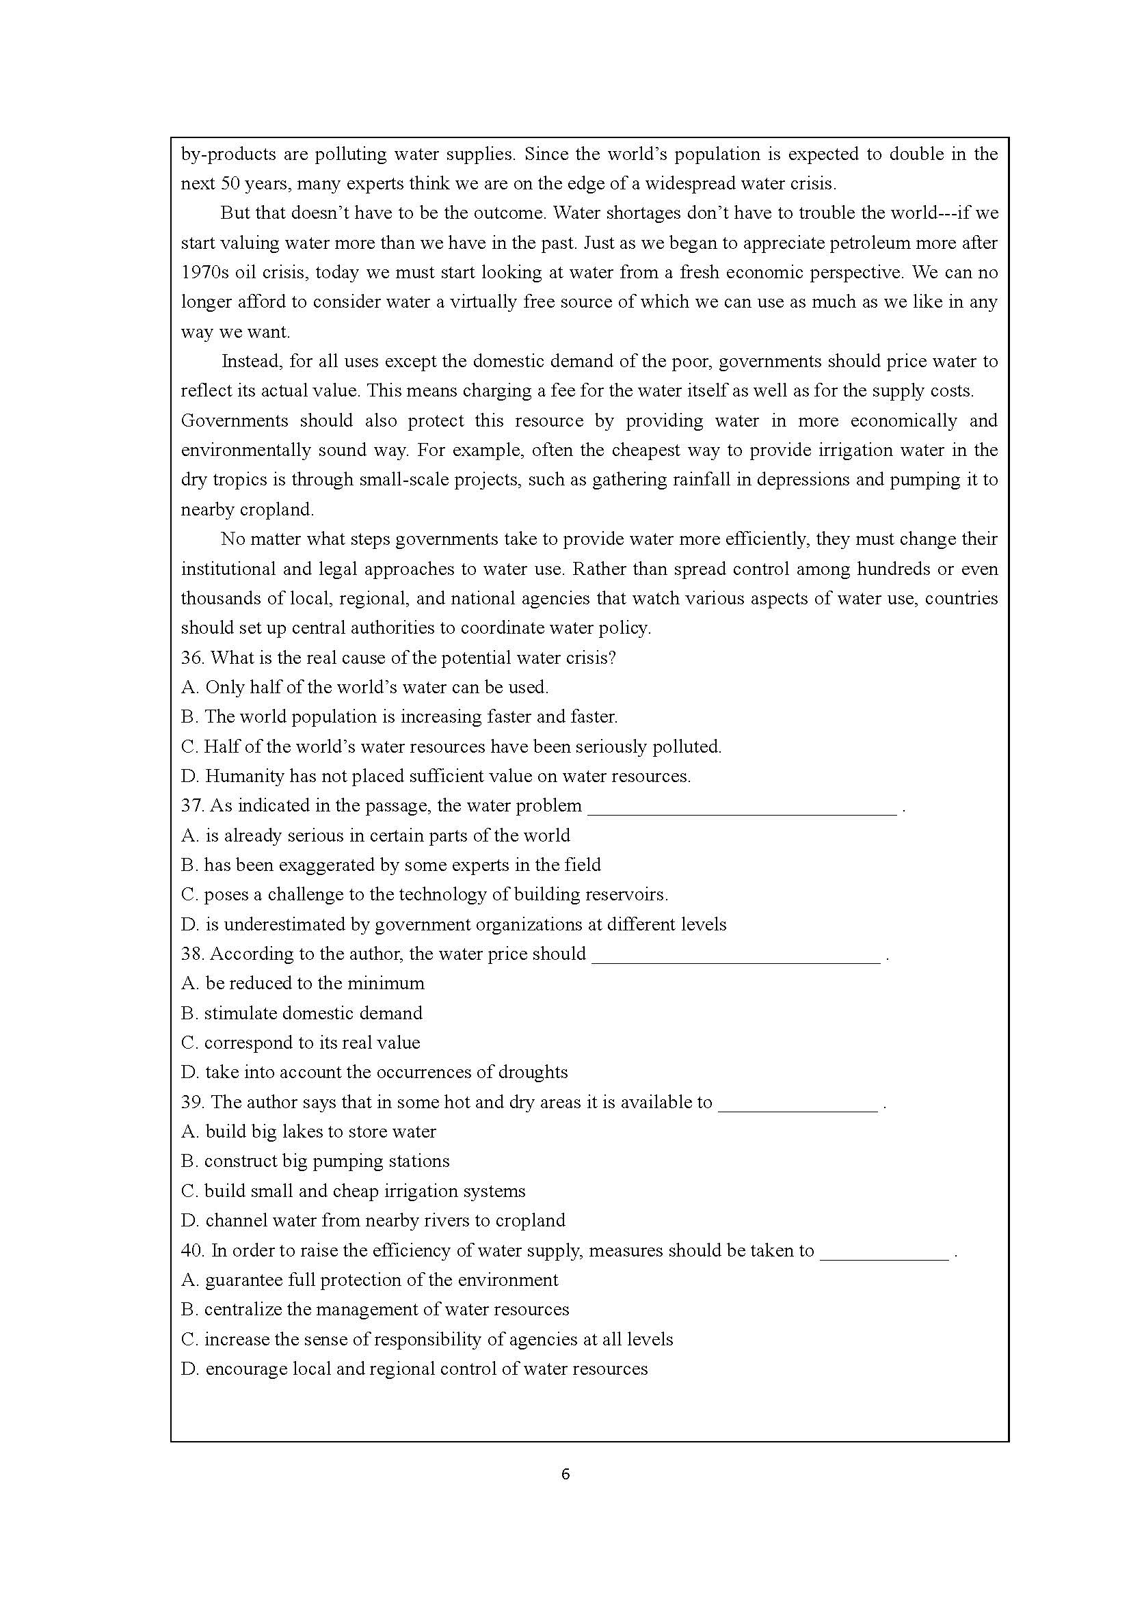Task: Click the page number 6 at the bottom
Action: tap(565, 1475)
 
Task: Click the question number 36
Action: tap(192, 658)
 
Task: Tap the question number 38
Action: tap(192, 954)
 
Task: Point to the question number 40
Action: tap(192, 1251)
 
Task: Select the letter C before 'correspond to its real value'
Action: tap(189, 1043)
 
